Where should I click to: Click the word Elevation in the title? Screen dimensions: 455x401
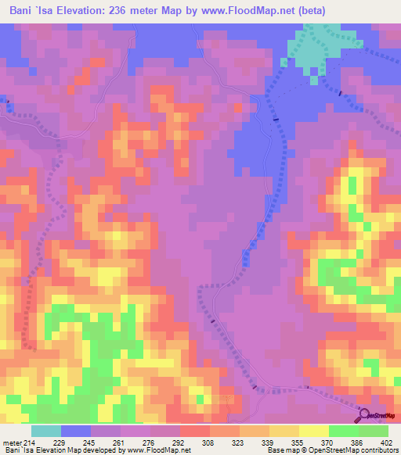pos(84,10)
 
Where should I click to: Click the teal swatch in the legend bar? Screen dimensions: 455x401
pos(46,431)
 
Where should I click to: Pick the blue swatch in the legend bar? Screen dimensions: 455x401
pos(76,431)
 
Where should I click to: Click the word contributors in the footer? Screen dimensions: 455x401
pos(379,450)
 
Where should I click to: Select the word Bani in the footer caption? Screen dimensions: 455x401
pos(10,450)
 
